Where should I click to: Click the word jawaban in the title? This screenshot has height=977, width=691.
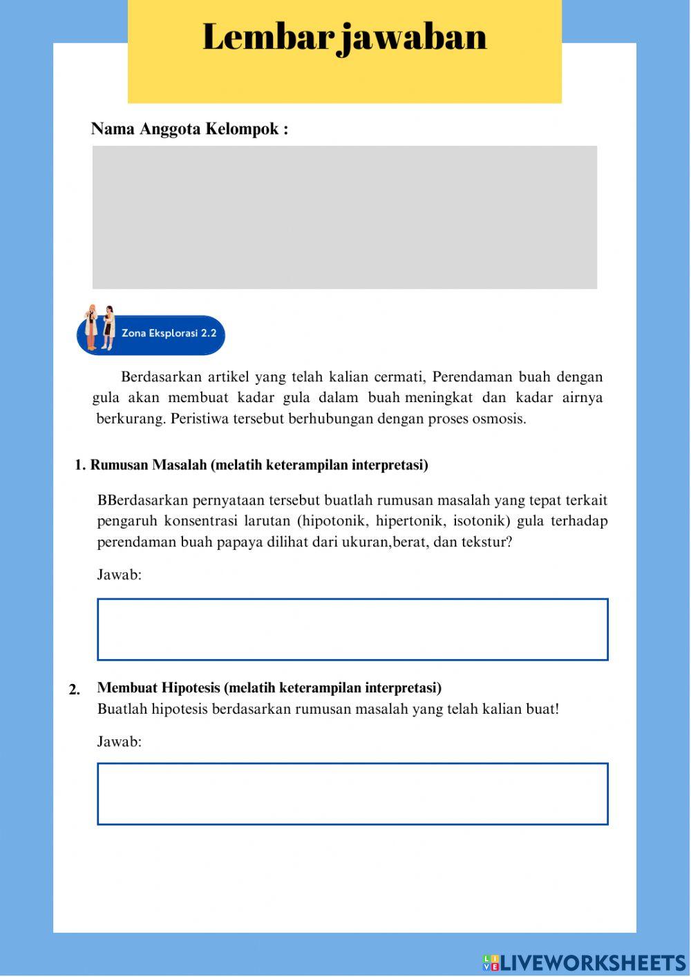415,37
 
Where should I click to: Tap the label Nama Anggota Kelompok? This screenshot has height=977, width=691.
189,129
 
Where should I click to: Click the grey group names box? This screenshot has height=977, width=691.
345,217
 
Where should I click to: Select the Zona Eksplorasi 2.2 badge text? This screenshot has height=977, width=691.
169,333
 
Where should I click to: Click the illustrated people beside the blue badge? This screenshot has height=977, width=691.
98,328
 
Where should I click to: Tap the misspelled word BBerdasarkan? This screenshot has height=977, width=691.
142,500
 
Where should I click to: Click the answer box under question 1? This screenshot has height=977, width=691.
352,629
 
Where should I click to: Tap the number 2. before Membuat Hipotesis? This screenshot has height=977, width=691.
75,690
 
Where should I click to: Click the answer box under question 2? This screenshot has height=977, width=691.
352,794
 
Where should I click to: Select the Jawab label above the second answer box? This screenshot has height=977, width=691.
119,742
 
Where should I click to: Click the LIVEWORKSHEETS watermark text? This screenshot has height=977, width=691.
593,962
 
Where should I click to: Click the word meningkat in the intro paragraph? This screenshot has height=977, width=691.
439,398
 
